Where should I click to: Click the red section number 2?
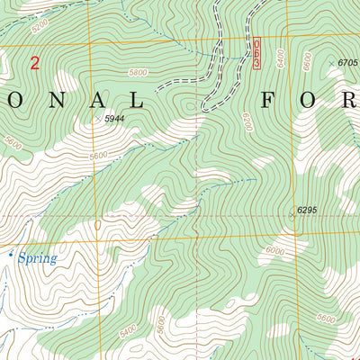point(35,63)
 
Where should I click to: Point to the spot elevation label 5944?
point(114,118)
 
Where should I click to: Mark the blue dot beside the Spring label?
point(12,256)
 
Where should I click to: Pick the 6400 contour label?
point(280,60)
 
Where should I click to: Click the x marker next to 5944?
point(97,118)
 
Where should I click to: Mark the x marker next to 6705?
point(330,62)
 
